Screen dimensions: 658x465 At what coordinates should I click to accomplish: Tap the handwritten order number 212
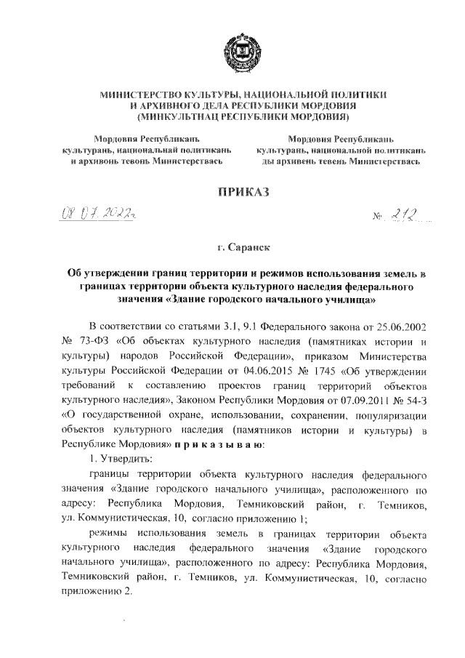pos(400,214)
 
